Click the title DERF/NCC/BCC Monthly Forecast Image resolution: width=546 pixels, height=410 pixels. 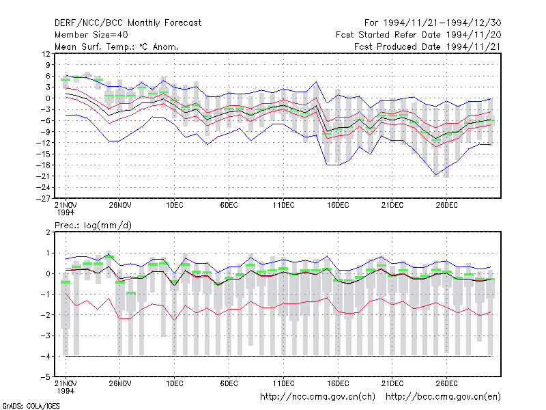tap(128, 23)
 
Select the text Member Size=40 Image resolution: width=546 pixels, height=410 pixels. tap(91, 35)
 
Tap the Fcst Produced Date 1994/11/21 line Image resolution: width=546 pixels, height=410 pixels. tap(428, 46)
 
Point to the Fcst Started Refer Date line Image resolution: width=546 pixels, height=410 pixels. tap(418, 35)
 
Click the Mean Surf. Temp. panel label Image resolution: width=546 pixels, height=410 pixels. tap(117, 46)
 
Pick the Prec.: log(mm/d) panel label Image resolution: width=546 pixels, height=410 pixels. tap(93, 225)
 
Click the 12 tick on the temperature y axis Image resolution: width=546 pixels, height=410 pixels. tap(46, 54)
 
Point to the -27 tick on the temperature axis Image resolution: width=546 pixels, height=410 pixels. tap(43, 199)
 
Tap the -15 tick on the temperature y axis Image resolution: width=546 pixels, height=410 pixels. tap(43, 154)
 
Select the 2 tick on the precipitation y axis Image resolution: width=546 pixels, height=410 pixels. tap(48, 232)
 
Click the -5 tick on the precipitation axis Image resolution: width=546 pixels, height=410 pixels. tap(46, 377)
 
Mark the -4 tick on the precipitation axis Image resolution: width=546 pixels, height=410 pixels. tap(46, 356)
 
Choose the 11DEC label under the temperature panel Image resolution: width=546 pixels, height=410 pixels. tap(283, 206)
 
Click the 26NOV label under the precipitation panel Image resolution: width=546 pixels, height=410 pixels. tap(120, 383)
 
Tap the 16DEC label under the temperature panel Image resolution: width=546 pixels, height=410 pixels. tap(338, 206)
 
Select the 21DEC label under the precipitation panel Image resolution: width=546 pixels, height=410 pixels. tap(392, 383)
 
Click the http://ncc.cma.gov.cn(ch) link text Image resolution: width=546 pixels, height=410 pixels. tap(317, 397)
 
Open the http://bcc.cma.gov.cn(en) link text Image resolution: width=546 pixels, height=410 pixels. tap(443, 397)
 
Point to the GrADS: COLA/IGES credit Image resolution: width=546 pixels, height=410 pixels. tap(31, 406)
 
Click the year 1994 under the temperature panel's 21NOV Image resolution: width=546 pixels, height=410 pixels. tap(66, 213)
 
